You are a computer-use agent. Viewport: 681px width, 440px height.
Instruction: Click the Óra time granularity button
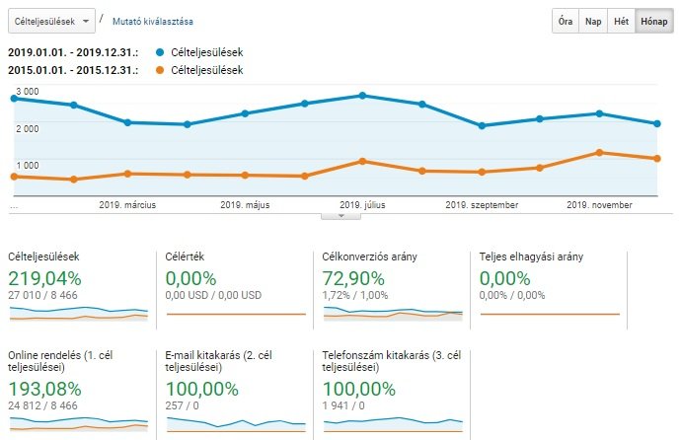(565, 21)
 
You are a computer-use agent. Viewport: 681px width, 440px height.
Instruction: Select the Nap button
(593, 21)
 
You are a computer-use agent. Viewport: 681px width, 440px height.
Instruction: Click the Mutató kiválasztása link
(152, 21)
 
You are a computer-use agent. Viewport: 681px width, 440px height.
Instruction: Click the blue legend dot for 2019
(161, 51)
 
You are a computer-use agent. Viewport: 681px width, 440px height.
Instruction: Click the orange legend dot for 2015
(161, 70)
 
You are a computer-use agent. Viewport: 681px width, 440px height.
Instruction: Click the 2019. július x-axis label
(361, 205)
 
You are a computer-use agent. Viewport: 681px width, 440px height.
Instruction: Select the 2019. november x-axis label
(600, 205)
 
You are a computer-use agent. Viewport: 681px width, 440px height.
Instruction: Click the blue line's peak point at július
(362, 96)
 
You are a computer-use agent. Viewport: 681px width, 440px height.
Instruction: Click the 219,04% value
(43, 278)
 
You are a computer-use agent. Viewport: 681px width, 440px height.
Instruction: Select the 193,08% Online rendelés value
(43, 389)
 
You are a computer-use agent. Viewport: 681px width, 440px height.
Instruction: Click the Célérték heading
(186, 257)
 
